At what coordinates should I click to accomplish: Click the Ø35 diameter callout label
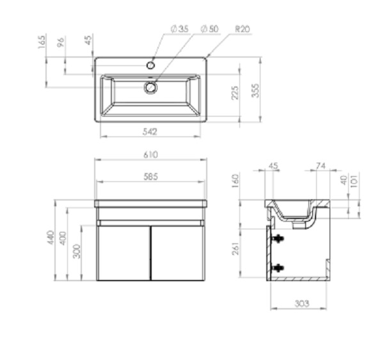[x=180, y=29]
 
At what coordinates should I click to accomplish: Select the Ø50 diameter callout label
[x=210, y=29]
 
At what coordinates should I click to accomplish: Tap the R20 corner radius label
[x=243, y=29]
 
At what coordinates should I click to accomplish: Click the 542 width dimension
[x=150, y=132]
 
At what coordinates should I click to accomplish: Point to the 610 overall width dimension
[x=150, y=155]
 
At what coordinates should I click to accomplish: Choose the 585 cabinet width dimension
[x=150, y=177]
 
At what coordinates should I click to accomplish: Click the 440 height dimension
[x=51, y=237]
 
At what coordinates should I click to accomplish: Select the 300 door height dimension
[x=77, y=251]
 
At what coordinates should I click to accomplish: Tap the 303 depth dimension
[x=302, y=304]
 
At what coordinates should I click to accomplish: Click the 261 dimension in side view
[x=236, y=249]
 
